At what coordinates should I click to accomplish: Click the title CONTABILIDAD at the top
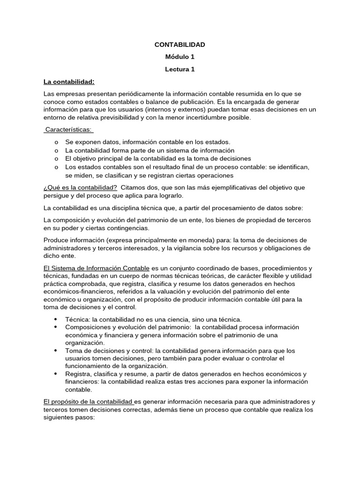(180, 45)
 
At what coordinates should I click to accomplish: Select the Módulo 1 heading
(180, 57)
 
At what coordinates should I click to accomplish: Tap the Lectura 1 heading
(180, 69)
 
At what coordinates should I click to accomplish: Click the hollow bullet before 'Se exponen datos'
(56, 142)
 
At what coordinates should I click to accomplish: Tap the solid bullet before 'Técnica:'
(56, 319)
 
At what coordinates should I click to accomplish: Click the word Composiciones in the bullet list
(87, 327)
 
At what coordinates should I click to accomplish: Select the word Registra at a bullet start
(78, 374)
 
